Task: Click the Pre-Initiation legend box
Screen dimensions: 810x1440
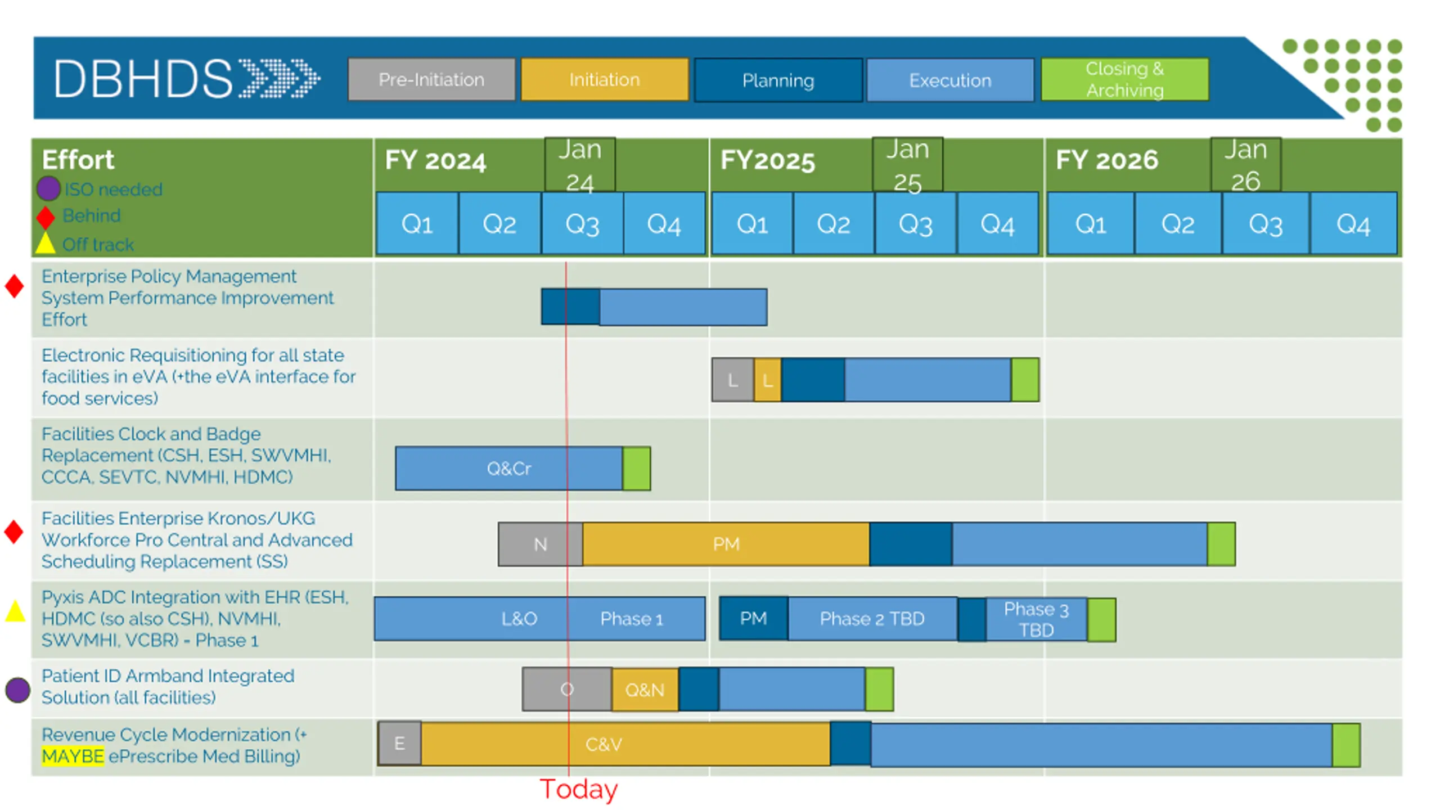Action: click(431, 80)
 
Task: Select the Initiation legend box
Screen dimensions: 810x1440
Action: click(604, 80)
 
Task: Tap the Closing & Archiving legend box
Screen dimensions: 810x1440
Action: click(1124, 80)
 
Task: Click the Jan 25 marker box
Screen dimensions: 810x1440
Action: click(907, 165)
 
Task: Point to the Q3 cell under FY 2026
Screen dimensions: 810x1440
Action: click(1266, 224)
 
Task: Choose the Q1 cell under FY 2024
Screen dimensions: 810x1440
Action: click(417, 224)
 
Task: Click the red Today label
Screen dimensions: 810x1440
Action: click(578, 789)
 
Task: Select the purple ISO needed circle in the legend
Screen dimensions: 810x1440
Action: click(48, 188)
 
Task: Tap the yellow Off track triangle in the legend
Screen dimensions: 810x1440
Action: click(46, 244)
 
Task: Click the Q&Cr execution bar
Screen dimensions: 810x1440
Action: click(508, 469)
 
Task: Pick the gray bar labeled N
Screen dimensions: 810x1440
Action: click(540, 544)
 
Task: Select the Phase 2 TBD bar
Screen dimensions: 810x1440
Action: click(872, 619)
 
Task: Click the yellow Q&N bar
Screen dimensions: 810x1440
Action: click(645, 690)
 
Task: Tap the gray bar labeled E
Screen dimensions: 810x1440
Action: click(399, 744)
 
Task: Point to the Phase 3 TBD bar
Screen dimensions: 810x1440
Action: click(1036, 619)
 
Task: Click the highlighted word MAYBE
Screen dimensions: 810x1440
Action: click(73, 756)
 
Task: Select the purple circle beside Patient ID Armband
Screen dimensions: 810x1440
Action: click(17, 690)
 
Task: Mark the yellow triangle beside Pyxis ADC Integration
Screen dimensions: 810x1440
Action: click(15, 612)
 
